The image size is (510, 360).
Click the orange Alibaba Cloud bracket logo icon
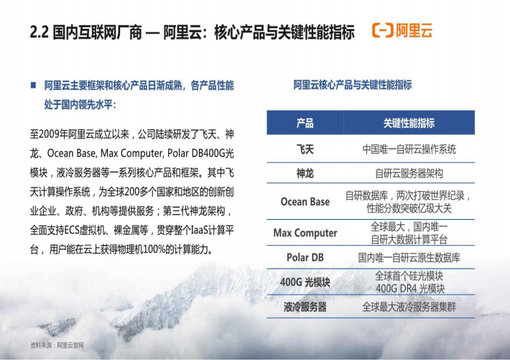tap(383, 30)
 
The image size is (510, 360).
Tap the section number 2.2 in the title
tap(39, 32)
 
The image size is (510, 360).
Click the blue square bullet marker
tap(33, 85)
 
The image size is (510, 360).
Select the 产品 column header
tap(305, 123)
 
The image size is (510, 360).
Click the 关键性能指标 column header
tap(409, 123)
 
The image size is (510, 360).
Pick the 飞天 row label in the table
tap(305, 149)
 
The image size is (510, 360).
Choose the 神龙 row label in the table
tap(305, 173)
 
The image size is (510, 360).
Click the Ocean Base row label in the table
tap(305, 202)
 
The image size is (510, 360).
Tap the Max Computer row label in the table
tap(305, 233)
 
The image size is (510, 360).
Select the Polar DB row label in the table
tap(305, 257)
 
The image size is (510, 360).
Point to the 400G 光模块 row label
tap(305, 282)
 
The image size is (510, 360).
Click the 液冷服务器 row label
tap(305, 307)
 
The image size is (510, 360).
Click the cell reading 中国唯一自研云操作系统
tap(409, 149)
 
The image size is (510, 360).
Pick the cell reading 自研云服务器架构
tap(409, 173)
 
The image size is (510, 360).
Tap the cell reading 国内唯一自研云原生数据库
tap(409, 257)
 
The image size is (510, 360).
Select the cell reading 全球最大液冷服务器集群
tap(409, 307)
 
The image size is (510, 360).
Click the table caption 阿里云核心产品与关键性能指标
tap(353, 85)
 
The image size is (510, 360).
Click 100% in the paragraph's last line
tap(154, 249)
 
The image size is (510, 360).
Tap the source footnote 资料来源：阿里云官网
tap(57, 346)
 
